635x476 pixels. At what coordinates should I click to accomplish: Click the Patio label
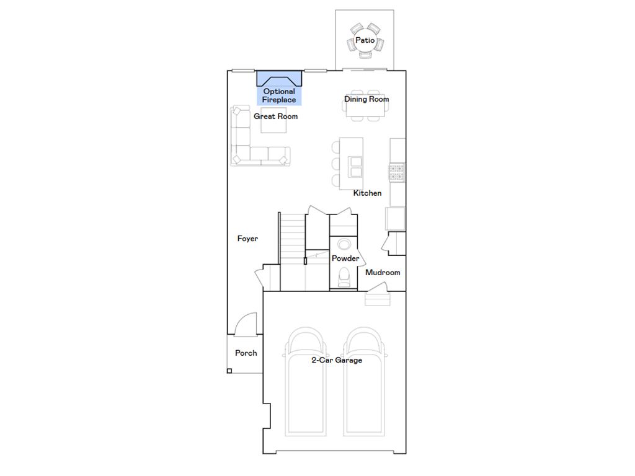(x=365, y=40)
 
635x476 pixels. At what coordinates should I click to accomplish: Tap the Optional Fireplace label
(x=279, y=95)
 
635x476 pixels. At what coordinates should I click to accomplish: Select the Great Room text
(x=275, y=117)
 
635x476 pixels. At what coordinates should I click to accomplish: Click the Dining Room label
(x=366, y=99)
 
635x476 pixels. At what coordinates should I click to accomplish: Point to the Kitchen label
(x=367, y=193)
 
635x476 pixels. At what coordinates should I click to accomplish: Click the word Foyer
(x=247, y=239)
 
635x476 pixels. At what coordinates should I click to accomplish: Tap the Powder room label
(x=345, y=258)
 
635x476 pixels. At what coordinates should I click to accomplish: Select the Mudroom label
(x=383, y=273)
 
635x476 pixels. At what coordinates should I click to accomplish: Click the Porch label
(x=246, y=353)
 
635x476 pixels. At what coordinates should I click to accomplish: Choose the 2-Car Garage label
(x=336, y=360)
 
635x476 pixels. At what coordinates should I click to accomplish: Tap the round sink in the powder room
(x=344, y=244)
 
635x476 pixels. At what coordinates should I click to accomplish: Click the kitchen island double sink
(x=355, y=167)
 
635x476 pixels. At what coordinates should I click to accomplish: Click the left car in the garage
(x=306, y=384)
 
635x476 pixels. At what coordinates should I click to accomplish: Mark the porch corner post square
(x=229, y=371)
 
